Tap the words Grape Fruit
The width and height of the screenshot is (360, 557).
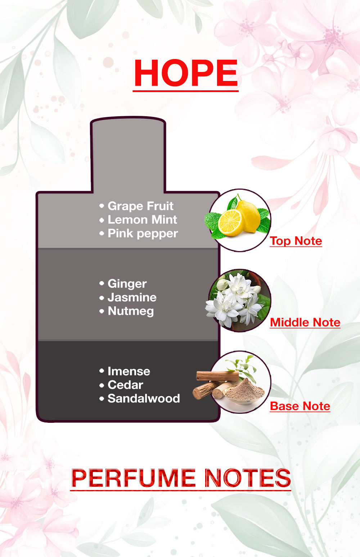[x=140, y=206]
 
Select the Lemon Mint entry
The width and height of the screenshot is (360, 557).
[x=142, y=220]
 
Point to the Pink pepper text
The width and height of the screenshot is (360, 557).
[x=143, y=234]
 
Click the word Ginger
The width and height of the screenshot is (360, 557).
[x=127, y=284]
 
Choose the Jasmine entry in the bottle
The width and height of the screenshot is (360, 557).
[x=132, y=298]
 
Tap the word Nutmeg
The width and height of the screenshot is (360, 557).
[x=131, y=311]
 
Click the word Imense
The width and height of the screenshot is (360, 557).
[x=129, y=371]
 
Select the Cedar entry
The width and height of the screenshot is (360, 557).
[x=125, y=385]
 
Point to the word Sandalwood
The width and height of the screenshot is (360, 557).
[x=144, y=398]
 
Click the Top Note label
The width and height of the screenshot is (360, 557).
[x=296, y=241]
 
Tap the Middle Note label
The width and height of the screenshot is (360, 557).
[x=305, y=322]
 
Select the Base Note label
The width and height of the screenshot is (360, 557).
[x=300, y=406]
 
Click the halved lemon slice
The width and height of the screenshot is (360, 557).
[x=230, y=223]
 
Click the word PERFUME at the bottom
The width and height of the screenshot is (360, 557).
[x=133, y=478]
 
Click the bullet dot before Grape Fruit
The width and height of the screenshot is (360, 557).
[x=102, y=206]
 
